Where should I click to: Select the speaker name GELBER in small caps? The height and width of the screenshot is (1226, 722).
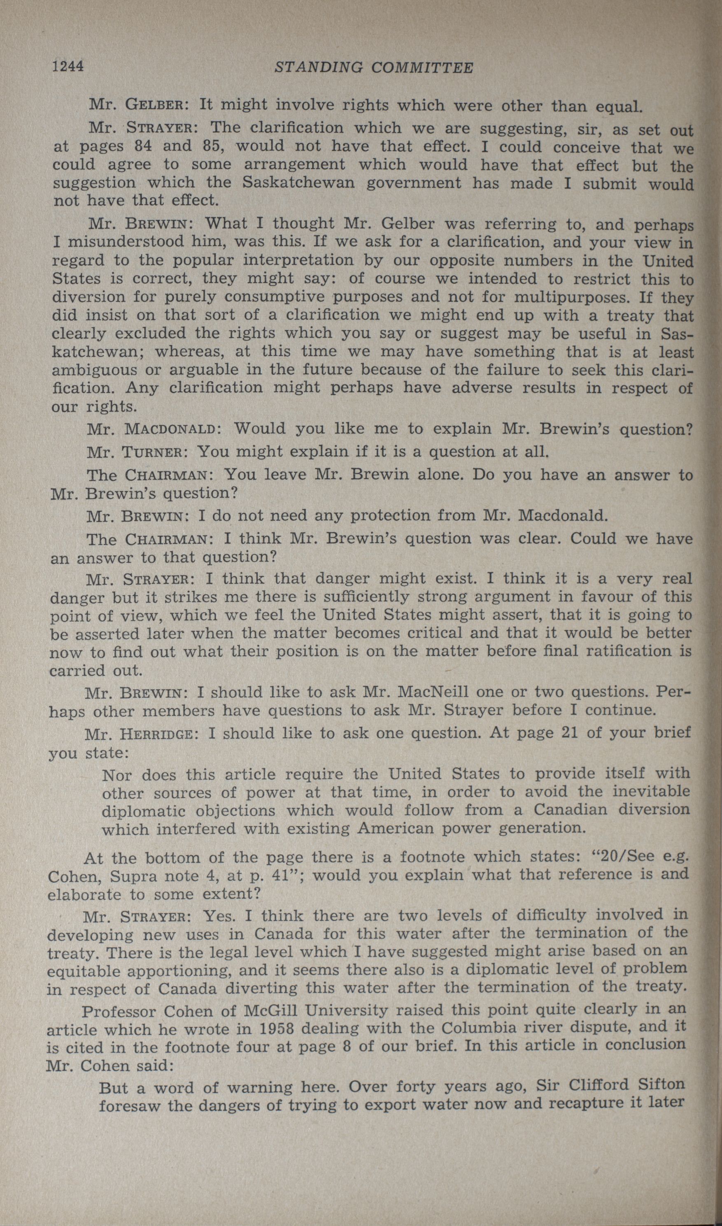(x=154, y=104)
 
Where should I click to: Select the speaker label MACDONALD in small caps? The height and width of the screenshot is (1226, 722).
(x=170, y=430)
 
